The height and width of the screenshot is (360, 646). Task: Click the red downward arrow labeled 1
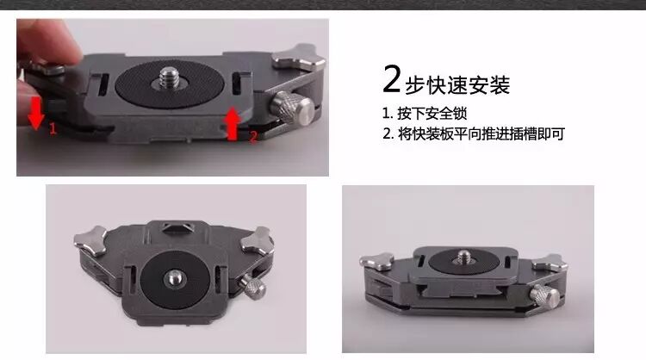(36, 114)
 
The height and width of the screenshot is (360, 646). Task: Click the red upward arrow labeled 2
(233, 123)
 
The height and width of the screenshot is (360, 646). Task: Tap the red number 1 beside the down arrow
(53, 129)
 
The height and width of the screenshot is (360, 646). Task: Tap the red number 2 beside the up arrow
(253, 136)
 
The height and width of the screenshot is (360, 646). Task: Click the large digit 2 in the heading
(391, 79)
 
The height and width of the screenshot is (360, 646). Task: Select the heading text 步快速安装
(457, 85)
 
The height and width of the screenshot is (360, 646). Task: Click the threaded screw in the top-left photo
(168, 78)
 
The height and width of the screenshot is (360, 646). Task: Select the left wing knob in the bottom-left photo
(90, 240)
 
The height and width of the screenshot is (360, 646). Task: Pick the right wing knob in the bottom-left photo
(258, 240)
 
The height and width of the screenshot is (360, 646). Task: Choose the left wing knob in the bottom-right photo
(377, 261)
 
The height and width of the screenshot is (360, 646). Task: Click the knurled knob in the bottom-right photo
(544, 296)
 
